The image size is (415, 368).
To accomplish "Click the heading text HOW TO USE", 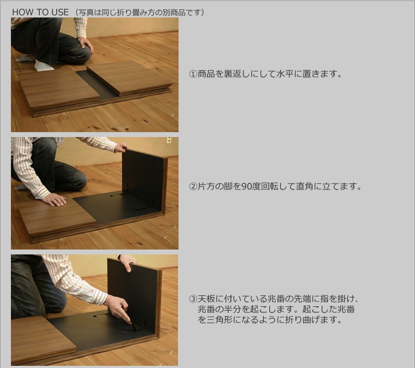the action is click(40, 12).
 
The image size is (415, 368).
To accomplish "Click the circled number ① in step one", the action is click(193, 74).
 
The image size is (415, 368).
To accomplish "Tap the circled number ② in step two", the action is click(193, 187).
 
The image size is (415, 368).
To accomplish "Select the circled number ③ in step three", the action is click(193, 299).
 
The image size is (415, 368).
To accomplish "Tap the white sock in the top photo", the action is click(44, 66).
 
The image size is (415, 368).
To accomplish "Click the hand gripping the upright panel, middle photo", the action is click(121, 147).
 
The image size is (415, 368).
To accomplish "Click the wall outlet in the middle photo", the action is click(168, 140).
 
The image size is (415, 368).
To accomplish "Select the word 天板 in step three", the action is click(207, 299).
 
